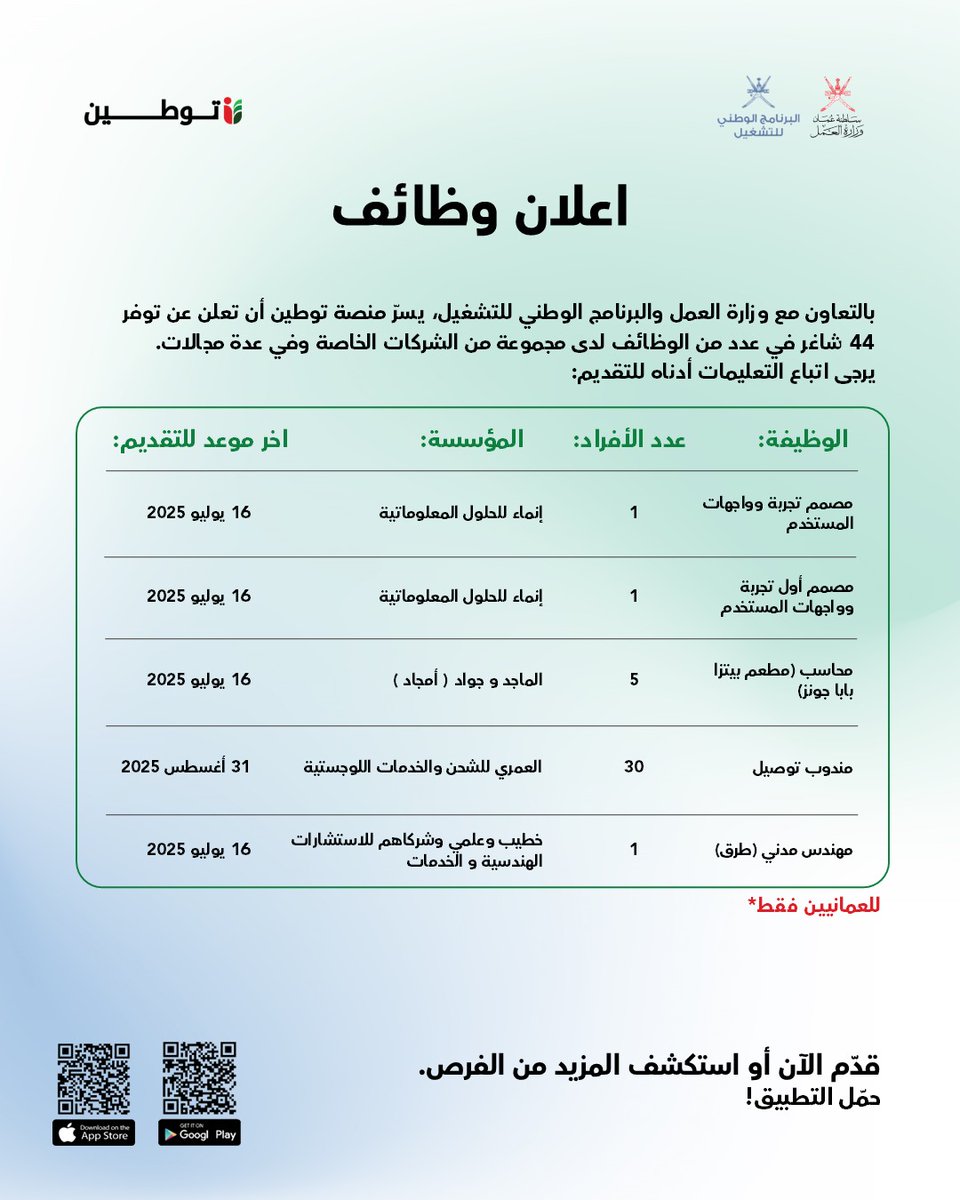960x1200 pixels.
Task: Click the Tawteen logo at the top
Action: [x=163, y=111]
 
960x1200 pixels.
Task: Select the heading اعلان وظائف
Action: [x=479, y=208]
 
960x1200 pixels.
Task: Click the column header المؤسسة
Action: [x=471, y=440]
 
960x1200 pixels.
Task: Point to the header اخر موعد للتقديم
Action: [x=200, y=440]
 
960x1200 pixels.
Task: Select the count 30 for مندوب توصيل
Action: [x=634, y=767]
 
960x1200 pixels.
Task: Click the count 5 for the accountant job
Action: [x=634, y=680]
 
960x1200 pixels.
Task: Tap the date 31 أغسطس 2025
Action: [x=186, y=767]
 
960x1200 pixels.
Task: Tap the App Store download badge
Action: [x=94, y=1132]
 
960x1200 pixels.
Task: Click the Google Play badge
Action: [x=200, y=1132]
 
